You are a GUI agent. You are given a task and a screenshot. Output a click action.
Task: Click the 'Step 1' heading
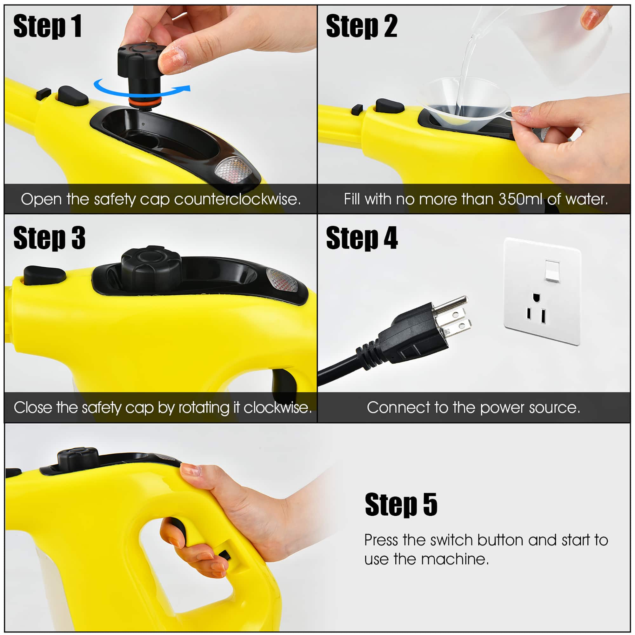point(47,26)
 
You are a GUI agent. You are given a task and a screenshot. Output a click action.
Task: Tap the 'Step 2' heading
point(362,26)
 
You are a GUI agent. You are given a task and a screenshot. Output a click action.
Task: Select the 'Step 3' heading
point(49,238)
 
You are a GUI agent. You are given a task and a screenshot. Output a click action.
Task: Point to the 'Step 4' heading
point(362,238)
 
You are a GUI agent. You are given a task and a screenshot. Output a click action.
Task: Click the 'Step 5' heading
point(401,505)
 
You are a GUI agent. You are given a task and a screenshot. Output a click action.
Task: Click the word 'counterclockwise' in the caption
point(237,199)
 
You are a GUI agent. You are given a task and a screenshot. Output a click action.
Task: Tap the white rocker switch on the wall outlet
point(552,271)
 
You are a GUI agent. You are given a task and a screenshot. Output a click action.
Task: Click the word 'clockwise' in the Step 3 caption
point(277,408)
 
